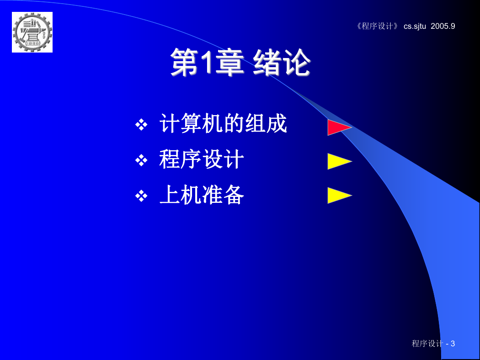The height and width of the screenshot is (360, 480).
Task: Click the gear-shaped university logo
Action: pos(32,32)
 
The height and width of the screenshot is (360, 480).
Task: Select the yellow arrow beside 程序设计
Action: pos(340,161)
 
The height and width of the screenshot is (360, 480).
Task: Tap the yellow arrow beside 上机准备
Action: pos(340,196)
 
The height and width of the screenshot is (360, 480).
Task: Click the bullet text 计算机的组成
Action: pos(223,123)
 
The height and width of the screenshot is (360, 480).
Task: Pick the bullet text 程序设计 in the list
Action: pos(202,159)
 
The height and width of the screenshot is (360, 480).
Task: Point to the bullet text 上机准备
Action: pos(202,195)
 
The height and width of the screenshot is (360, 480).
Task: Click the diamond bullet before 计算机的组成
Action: pos(141,124)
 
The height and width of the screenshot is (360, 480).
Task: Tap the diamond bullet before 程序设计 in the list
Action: pos(141,160)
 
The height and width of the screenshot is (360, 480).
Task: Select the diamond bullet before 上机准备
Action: pos(141,196)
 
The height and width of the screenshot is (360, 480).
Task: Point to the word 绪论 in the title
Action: pos(282,62)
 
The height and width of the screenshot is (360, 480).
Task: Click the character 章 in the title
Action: pos(229,62)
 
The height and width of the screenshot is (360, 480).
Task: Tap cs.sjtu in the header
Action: pos(415,26)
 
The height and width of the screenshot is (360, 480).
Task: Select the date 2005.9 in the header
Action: pos(443,26)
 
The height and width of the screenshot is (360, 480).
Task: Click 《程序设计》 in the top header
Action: pos(378,26)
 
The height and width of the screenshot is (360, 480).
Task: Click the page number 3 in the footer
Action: pos(453,344)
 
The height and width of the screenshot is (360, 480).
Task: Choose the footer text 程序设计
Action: pos(427,344)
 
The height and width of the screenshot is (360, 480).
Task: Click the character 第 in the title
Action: pos(184,62)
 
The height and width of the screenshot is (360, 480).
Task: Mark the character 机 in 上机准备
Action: pos(191,195)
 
